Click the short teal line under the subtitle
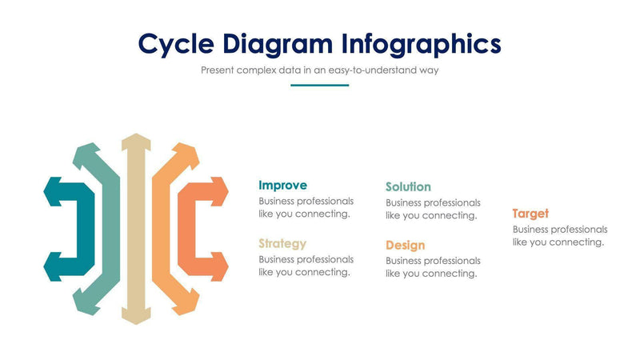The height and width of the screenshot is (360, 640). tap(319, 85)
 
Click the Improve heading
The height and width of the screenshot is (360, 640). tap(282, 186)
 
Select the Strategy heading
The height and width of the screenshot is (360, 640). tap(282, 243)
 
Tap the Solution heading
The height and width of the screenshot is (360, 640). tap(408, 187)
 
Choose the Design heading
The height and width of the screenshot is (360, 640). tap(405, 245)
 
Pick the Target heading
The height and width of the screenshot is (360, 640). tap(530, 214)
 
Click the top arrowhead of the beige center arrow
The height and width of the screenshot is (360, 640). tap(135, 141)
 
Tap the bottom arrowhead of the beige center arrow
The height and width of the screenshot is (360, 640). tap(135, 318)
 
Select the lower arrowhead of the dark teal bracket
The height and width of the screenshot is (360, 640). tap(52, 266)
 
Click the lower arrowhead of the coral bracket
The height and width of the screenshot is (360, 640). tap(218, 266)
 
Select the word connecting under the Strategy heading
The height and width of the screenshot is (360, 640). tap(324, 272)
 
